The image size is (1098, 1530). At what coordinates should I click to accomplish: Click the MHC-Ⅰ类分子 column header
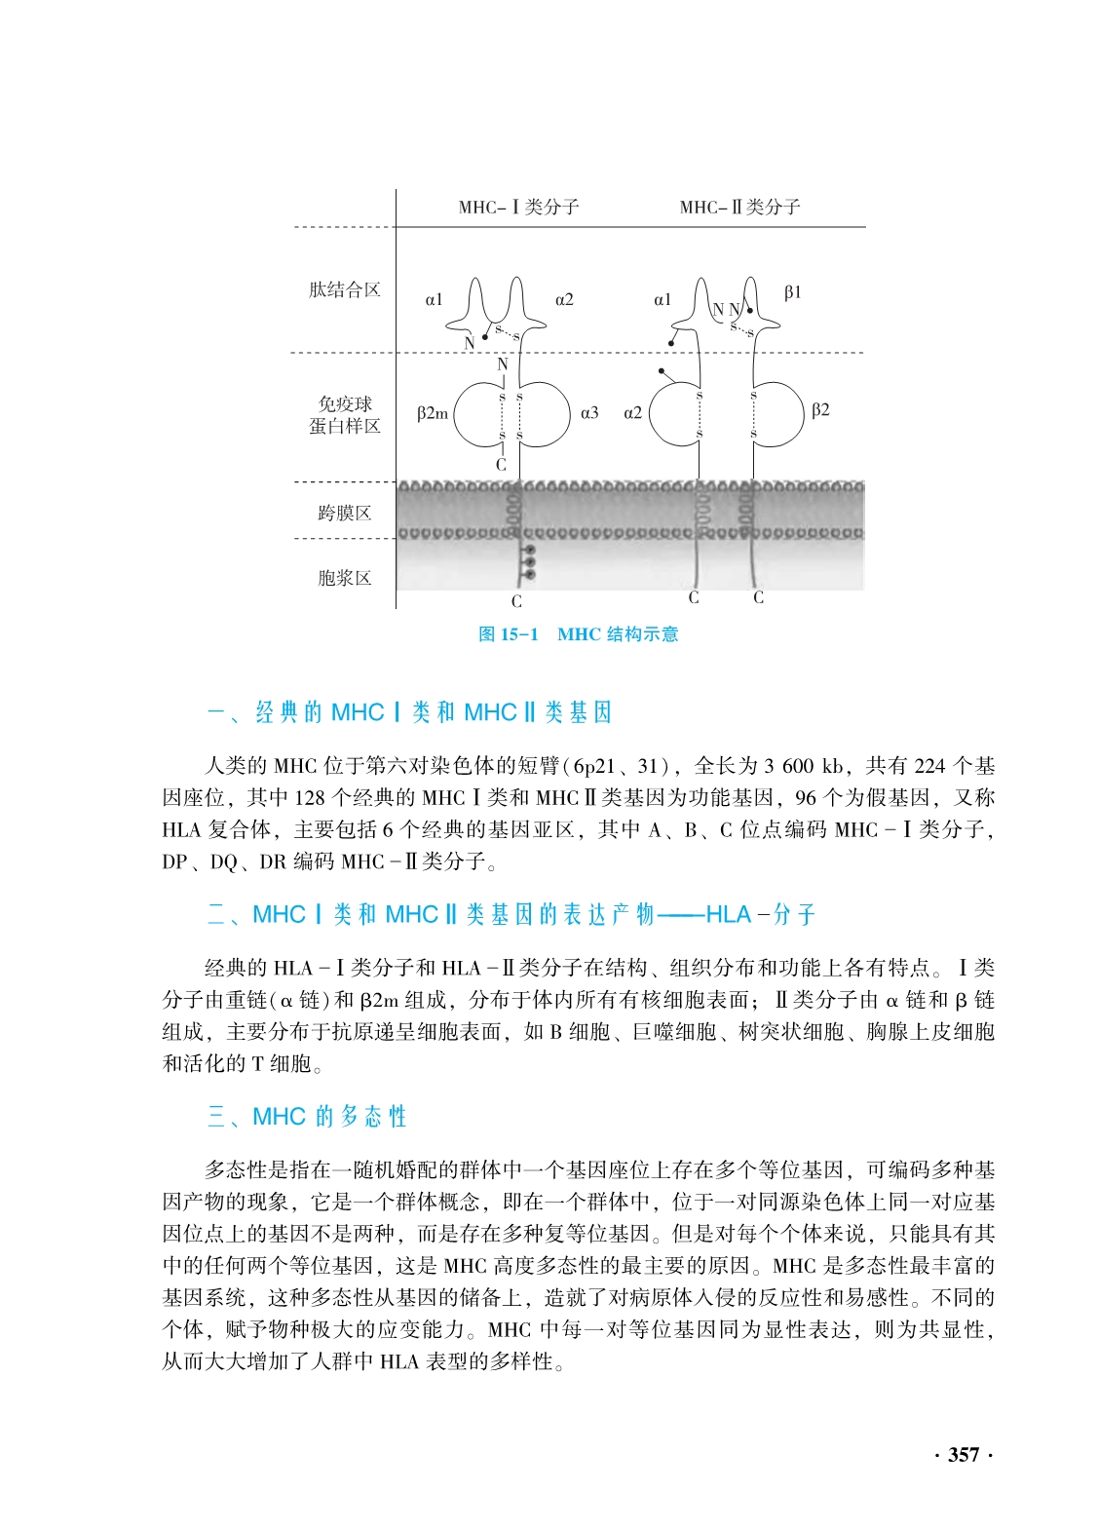pos(518,207)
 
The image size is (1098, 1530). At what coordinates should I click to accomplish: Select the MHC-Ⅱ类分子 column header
pos(739,207)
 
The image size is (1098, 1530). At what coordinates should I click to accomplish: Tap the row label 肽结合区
pos(345,289)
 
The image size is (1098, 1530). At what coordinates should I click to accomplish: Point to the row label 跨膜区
pos(345,513)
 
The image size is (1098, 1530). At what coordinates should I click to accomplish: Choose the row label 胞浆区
pos(345,578)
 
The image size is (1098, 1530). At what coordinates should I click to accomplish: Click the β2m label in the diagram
pos(433,413)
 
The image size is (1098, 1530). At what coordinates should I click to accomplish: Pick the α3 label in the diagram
pos(589,413)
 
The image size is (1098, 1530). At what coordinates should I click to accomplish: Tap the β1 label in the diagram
pos(792,292)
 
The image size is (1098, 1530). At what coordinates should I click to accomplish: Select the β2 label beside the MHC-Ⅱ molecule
pos(820,410)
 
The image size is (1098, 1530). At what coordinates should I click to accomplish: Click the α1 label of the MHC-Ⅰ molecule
pos(435,300)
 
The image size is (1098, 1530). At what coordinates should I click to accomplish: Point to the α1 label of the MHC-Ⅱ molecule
pos(663,300)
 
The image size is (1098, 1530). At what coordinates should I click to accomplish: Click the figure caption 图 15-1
pos(509,634)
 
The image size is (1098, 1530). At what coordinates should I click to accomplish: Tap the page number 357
pos(963,1455)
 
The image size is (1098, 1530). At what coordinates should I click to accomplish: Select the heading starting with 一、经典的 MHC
pos(409,712)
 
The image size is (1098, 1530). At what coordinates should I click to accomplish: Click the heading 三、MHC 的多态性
pos(307,1116)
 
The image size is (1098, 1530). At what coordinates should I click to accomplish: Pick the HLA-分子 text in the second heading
pos(760,914)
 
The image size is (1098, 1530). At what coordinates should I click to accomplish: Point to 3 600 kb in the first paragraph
pos(804,766)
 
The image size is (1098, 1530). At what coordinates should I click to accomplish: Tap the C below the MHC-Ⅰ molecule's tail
pos(516,602)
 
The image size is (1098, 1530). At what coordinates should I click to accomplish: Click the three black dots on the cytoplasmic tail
pos(529,562)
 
